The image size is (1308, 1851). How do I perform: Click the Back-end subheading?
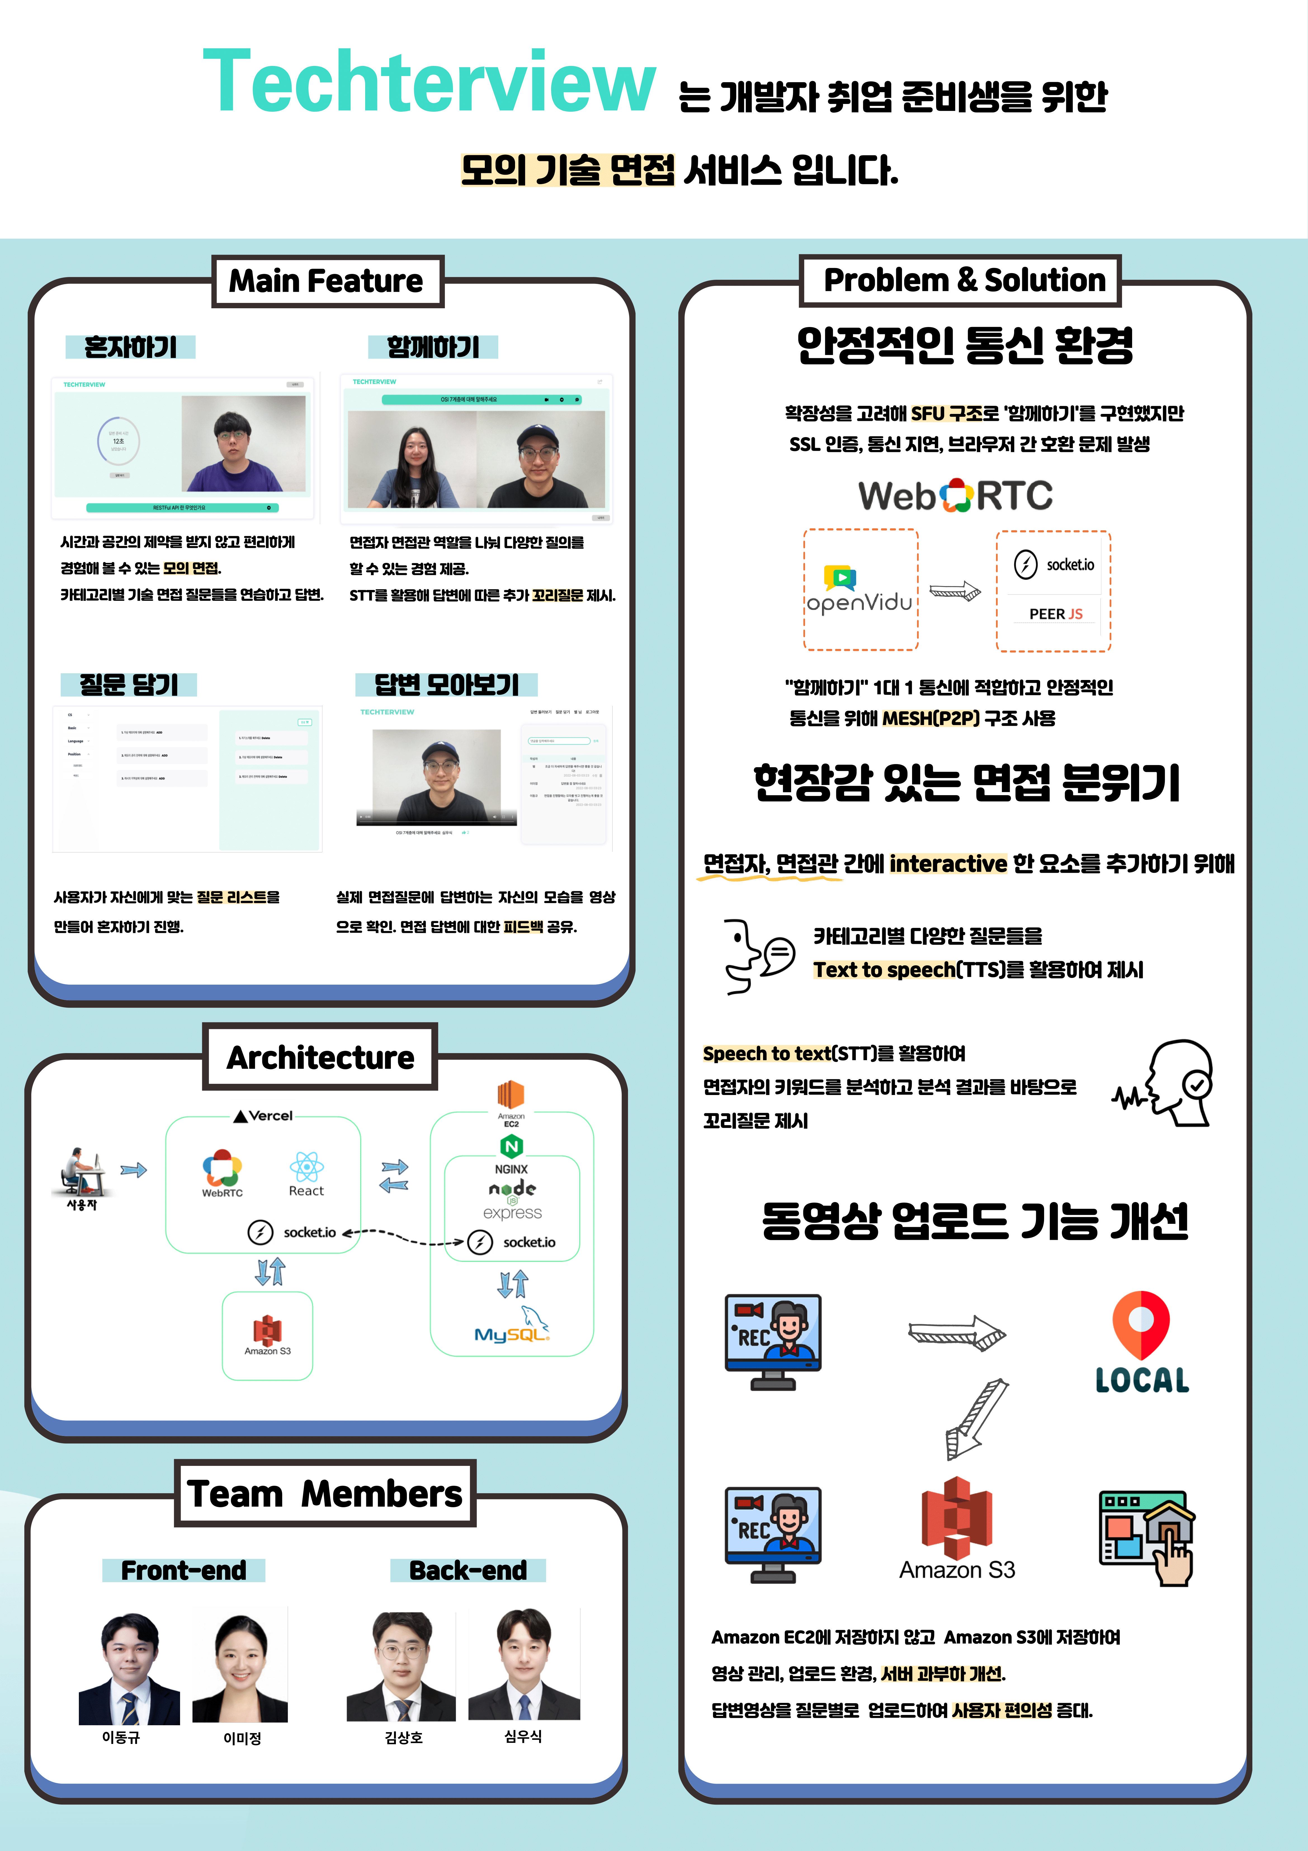pos(468,1570)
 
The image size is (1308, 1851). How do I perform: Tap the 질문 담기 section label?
pos(129,684)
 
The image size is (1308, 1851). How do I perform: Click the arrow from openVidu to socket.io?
pos(956,591)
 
